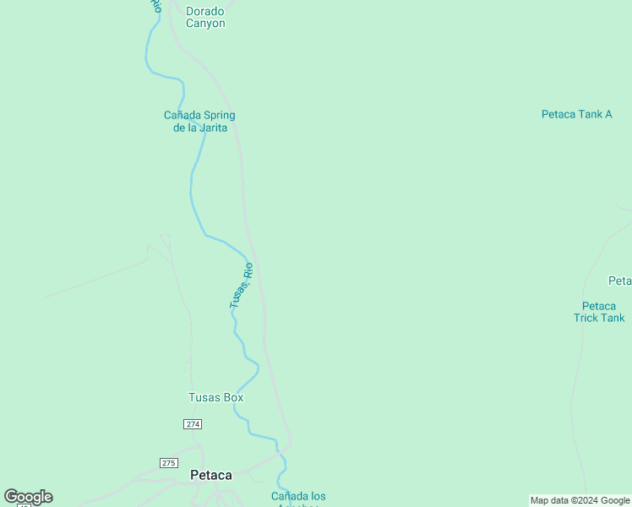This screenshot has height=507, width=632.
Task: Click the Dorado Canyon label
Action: (205, 18)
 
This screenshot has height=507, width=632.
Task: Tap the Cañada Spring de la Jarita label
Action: (199, 121)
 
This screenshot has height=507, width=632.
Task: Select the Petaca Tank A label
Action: (576, 113)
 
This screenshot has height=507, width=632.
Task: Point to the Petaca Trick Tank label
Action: (599, 312)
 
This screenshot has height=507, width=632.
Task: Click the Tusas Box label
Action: (215, 397)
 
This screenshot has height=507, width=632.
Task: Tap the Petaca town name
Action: (211, 475)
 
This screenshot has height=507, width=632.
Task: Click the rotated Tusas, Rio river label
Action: (242, 286)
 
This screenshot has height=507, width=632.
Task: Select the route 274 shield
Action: (192, 423)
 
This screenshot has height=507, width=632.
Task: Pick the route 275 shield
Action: (169, 462)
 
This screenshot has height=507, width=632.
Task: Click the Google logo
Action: (28, 497)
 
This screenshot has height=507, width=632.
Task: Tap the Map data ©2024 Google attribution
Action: (580, 500)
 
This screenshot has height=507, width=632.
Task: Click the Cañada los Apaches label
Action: (298, 499)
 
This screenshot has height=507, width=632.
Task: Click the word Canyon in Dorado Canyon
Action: (205, 24)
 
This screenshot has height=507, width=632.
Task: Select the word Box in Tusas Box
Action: (233, 397)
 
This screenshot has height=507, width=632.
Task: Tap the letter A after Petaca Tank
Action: (607, 113)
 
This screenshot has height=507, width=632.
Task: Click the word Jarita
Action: (215, 128)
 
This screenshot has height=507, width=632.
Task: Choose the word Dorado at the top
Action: (205, 12)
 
